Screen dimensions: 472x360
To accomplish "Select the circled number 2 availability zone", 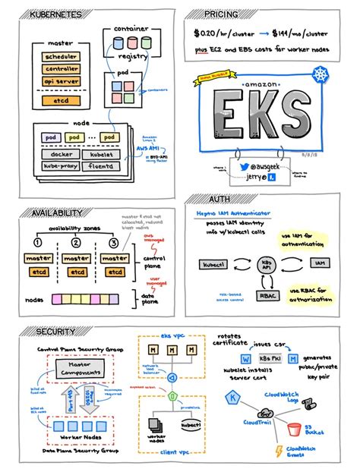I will tap(76, 243).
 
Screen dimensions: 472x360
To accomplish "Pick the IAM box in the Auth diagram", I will tap(319, 264).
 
